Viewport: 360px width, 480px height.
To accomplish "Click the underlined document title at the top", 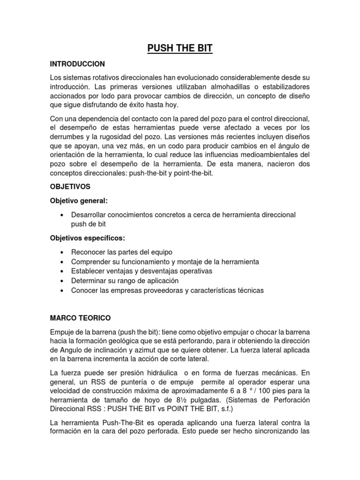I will (x=180, y=48).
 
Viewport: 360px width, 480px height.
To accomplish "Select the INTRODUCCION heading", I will (x=77, y=64).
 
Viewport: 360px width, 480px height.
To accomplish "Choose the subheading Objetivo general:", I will (x=79, y=201).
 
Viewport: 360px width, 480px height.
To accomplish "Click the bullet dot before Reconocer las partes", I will (x=62, y=252).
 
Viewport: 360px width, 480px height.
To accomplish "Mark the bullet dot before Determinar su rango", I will (x=62, y=281).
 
